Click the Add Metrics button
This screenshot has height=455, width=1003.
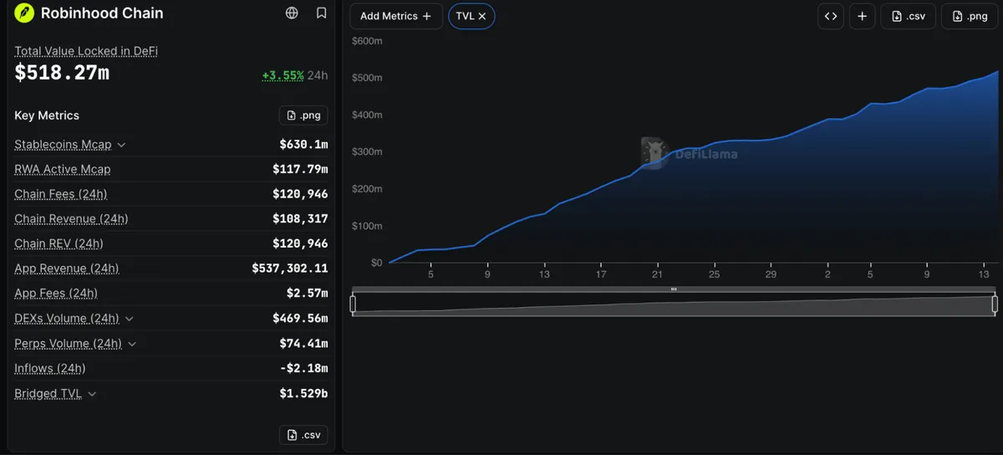click(396, 16)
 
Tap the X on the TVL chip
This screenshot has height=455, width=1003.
click(482, 16)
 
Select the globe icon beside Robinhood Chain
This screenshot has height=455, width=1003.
click(292, 13)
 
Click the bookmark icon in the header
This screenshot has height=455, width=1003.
click(321, 13)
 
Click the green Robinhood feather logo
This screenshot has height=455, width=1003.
click(24, 13)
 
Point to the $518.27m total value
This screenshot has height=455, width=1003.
click(62, 73)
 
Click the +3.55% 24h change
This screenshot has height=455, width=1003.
click(283, 75)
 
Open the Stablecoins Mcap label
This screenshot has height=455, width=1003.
click(63, 145)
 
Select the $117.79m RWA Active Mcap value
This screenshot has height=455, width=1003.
click(300, 169)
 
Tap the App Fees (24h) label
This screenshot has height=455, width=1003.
click(56, 294)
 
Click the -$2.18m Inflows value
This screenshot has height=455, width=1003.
click(303, 368)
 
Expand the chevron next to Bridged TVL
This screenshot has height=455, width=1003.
click(92, 394)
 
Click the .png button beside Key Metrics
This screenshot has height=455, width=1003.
click(303, 115)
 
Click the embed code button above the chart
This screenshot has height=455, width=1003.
click(831, 16)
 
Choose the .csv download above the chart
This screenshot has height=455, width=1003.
click(908, 16)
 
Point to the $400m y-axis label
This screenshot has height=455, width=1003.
click(367, 115)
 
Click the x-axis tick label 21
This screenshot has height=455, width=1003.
click(657, 274)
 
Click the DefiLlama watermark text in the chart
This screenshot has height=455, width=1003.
click(706, 154)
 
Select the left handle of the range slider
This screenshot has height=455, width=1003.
click(353, 304)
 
